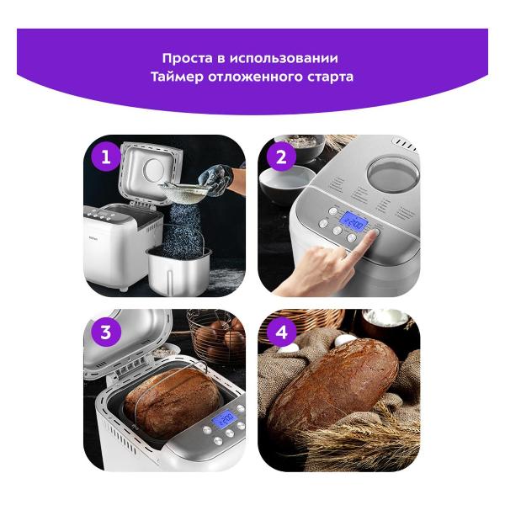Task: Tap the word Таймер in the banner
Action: (177, 77)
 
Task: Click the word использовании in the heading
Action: (284, 58)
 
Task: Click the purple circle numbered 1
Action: (106, 157)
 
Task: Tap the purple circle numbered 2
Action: (281, 157)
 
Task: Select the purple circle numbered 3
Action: (106, 332)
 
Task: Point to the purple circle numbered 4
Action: (281, 332)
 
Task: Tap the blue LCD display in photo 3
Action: (225, 419)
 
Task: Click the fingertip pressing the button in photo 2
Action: (374, 234)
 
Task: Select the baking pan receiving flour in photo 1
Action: (178, 270)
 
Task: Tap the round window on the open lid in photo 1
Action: (155, 170)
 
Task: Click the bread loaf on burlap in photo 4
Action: (333, 385)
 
